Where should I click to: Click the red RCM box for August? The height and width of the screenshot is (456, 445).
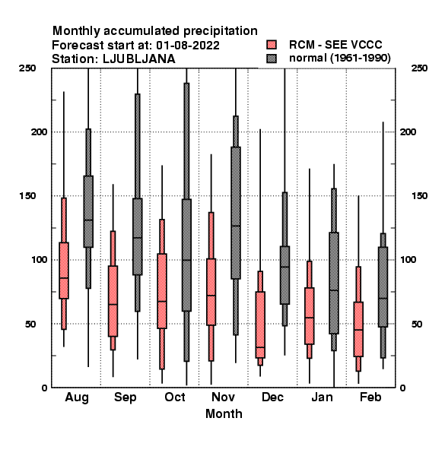(64, 271)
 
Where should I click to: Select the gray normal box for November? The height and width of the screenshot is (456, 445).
(236, 213)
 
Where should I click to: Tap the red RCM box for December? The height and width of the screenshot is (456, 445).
(260, 325)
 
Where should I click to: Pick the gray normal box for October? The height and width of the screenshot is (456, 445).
(186, 255)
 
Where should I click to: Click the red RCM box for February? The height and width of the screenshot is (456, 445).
(358, 329)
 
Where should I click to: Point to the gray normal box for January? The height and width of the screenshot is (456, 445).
(334, 283)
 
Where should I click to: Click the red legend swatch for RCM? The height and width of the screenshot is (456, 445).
(272, 45)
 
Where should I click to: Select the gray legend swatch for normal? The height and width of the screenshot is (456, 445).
(272, 59)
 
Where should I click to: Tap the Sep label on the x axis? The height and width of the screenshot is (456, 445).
(126, 397)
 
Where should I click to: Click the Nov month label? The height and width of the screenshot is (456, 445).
(223, 397)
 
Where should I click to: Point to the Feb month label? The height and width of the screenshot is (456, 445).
(370, 397)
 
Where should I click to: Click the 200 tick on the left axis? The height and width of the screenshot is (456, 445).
(39, 131)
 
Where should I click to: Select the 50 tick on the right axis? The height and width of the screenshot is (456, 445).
(417, 324)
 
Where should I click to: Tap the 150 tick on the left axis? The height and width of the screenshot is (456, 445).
(27, 196)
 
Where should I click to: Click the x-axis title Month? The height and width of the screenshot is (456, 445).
(224, 414)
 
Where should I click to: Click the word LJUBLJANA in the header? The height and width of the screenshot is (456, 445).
(139, 59)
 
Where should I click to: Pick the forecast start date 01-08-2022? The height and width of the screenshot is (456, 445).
(188, 46)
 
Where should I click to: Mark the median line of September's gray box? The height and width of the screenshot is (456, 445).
(138, 238)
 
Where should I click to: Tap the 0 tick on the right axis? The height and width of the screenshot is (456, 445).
(402, 388)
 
